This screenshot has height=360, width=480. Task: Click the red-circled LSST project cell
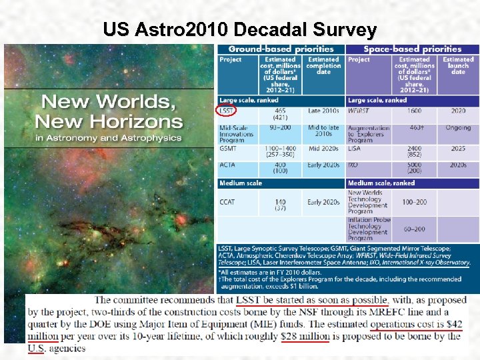point(227,111)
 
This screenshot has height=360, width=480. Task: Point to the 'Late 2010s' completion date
point(323,111)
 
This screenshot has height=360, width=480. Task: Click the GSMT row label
point(229,149)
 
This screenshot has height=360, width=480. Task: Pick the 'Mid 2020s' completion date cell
point(323,149)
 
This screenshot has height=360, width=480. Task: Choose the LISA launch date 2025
point(458,149)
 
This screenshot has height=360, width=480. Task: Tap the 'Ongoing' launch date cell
point(458,127)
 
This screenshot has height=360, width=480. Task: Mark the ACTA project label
point(228,165)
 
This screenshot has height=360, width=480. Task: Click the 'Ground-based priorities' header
point(281,49)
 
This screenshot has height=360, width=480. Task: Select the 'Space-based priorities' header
point(413,49)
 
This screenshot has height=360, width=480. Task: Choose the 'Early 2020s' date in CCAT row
point(323,202)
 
